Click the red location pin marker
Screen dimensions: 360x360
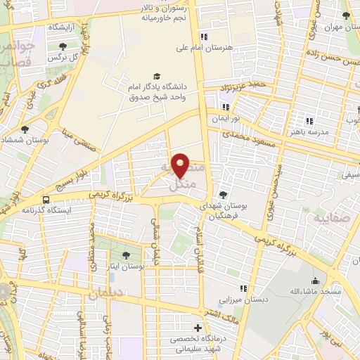181,165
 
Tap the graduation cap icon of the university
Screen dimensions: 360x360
156,77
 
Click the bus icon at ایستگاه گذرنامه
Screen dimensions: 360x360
46,199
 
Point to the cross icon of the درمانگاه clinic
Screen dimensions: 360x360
198,328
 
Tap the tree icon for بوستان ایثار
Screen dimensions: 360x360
126,255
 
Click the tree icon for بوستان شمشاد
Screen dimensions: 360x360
25,129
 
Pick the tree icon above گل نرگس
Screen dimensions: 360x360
63,46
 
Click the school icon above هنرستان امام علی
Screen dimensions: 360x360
204,37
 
